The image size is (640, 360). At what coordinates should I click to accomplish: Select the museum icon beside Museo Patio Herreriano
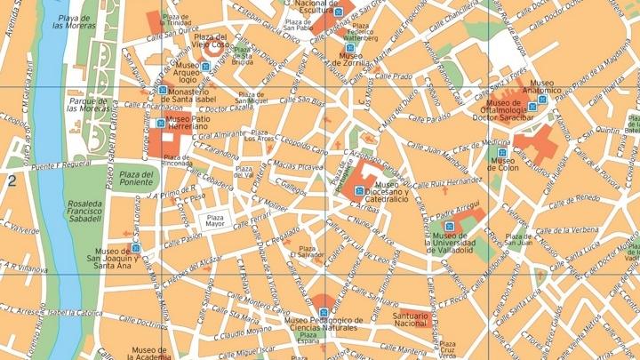pos(160,123)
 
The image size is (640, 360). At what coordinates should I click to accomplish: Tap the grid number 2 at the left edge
pos(12,181)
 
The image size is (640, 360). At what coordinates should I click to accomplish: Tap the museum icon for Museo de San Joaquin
pos(136,248)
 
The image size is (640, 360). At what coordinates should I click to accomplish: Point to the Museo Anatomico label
pos(543,90)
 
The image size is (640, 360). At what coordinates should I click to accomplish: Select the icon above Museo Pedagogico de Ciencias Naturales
pos(325,311)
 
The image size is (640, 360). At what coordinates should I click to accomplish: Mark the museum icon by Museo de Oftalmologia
pos(531,107)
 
